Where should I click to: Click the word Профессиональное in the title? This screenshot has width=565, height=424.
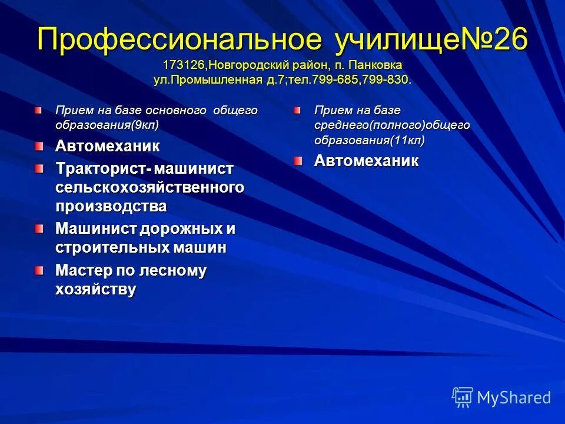coord(180,40)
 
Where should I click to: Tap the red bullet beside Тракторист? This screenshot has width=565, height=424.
coord(39,168)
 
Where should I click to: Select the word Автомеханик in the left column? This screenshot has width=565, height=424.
coord(107,145)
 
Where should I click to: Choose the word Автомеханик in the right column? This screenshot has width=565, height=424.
coord(366,161)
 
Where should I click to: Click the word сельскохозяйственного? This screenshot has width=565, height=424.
coord(149,187)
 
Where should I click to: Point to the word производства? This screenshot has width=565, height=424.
coord(111,206)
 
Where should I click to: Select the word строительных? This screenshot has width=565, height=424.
coord(112,247)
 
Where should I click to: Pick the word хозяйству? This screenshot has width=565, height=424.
coord(95,289)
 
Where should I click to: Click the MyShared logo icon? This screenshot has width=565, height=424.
coord(463,397)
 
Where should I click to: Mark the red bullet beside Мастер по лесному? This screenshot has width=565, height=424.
coord(39,270)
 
